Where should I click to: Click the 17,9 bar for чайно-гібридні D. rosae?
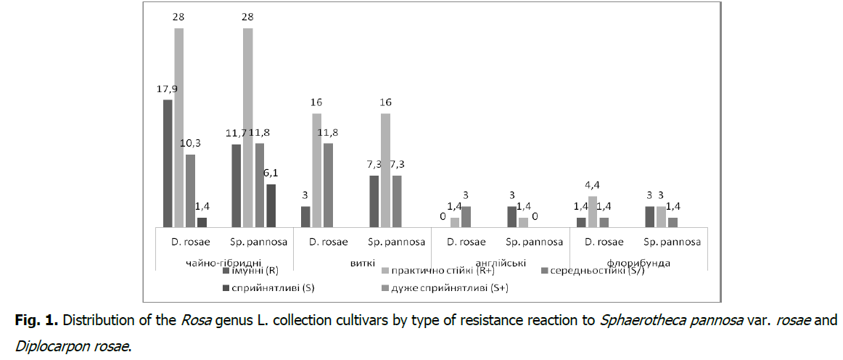pos(168,163)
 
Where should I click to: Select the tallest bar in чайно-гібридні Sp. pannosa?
pos(247,128)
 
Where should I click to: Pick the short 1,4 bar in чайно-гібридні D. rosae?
pos(202,222)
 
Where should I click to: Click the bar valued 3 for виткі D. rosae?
pos(305,216)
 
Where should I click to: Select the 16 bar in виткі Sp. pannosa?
pos(385,170)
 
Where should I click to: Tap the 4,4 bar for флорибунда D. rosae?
pos(592,211)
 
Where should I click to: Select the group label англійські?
pos(499,262)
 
